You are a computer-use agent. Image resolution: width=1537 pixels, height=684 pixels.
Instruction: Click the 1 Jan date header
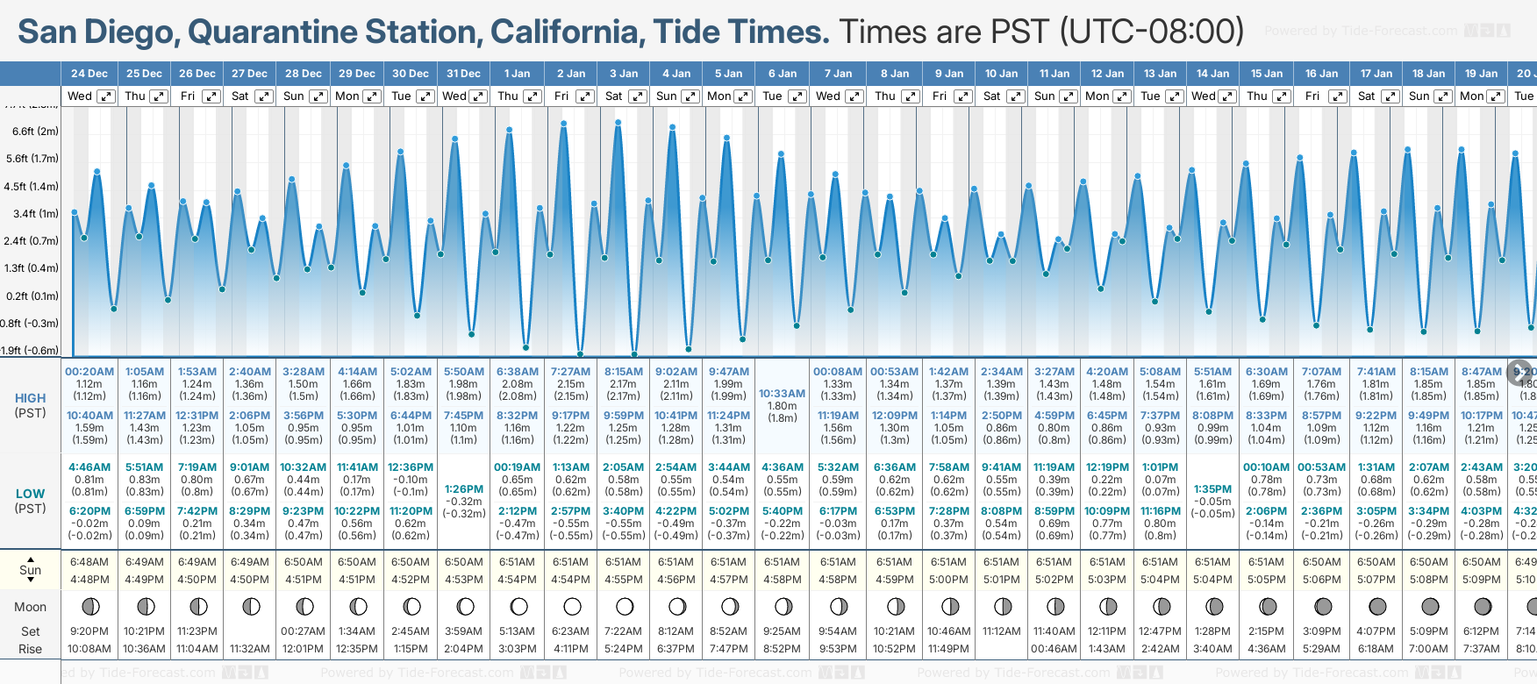tap(517, 74)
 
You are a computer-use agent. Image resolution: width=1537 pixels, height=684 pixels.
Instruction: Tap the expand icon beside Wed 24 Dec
tap(105, 96)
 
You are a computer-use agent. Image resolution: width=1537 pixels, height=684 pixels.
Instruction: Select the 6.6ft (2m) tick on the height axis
tap(35, 132)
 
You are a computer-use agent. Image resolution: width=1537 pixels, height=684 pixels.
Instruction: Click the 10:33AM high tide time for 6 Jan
tap(782, 394)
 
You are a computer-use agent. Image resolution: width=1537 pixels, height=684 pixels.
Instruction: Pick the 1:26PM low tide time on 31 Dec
tap(464, 489)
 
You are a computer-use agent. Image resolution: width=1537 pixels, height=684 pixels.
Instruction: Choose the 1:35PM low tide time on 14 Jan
tap(1213, 489)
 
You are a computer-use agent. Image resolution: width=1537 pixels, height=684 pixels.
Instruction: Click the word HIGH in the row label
tap(30, 398)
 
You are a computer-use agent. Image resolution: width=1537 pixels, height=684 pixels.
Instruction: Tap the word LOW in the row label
tap(30, 494)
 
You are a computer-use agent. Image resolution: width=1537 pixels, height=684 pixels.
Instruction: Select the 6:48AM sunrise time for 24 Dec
tap(89, 562)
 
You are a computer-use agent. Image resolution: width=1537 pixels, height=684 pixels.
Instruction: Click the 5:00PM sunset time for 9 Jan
tap(948, 580)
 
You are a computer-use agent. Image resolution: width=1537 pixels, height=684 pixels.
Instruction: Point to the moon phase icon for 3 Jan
tap(625, 606)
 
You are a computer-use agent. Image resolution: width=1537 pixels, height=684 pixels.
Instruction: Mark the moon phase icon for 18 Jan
tap(1430, 606)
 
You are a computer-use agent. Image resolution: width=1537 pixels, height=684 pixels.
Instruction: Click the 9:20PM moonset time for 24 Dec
tap(89, 631)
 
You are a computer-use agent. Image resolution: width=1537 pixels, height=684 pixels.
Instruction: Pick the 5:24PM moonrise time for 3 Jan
tap(624, 649)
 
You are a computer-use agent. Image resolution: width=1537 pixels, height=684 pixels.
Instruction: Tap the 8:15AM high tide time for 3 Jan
tap(623, 372)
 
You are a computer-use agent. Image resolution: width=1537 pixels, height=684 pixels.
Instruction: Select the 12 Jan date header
tap(1108, 74)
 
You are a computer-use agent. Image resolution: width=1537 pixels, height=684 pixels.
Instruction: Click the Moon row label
tap(30, 607)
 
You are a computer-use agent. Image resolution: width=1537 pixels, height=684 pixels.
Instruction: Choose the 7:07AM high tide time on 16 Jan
tap(1321, 372)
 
